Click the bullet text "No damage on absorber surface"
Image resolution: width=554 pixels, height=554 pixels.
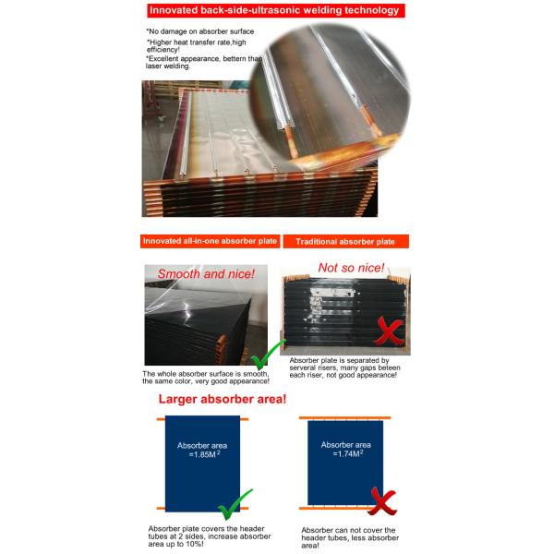(x=199, y=32)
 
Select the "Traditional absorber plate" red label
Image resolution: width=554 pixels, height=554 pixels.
(x=345, y=241)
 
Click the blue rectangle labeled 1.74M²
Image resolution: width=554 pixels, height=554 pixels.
(x=344, y=462)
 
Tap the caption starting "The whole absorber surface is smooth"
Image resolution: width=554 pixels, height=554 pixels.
(x=206, y=378)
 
